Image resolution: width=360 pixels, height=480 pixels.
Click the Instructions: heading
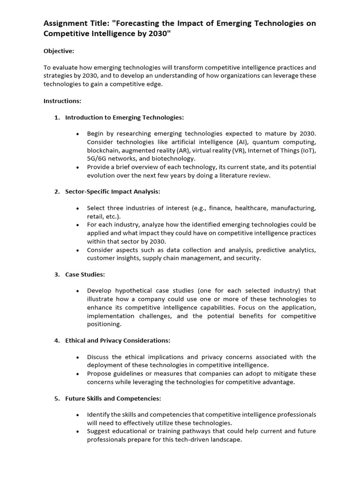coord(62,101)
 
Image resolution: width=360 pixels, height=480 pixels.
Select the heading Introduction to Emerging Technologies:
coord(125,117)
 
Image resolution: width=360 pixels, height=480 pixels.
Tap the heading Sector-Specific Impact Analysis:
coord(112,192)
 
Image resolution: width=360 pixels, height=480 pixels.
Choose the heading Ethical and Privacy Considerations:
coord(118,340)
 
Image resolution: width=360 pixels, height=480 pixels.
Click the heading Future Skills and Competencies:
coord(113,398)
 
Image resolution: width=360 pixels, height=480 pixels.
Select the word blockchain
coord(103,150)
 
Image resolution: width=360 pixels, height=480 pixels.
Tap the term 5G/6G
coord(97,159)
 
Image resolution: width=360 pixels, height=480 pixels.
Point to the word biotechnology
coord(175,159)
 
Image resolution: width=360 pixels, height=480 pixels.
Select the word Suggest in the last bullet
coord(97,431)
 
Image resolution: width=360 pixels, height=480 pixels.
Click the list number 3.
coord(57,274)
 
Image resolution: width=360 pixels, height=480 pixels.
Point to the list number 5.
coord(57,398)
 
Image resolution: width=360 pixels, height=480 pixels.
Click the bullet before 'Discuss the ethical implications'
coord(77,357)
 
